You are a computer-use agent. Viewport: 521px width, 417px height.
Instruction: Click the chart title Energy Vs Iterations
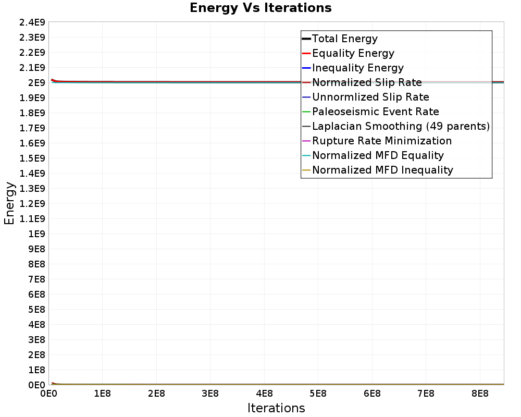coord(260,8)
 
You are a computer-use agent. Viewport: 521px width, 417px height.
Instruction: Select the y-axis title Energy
coord(9,203)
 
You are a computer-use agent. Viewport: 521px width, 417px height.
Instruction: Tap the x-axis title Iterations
coord(276,408)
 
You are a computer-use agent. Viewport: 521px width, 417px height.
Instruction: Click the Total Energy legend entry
coord(344,39)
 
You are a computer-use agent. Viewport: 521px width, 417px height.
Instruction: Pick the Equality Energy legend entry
coord(353,53)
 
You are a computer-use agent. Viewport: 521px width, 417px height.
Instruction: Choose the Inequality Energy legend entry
coord(357,68)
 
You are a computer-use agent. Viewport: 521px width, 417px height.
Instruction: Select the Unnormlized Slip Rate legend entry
coord(370,97)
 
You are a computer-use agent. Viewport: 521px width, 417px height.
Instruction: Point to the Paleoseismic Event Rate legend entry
coord(375,112)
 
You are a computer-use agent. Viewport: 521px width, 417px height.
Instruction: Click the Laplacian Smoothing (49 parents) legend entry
coord(401,126)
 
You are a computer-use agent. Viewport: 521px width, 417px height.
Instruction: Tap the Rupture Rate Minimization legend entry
coord(382,141)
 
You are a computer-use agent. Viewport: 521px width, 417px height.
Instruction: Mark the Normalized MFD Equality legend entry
coord(378,155)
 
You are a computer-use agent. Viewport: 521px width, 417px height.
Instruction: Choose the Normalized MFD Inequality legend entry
coord(382,170)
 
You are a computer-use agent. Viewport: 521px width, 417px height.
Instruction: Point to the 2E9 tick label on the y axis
coord(36,82)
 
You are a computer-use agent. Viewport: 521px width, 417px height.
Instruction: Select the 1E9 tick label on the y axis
coord(36,234)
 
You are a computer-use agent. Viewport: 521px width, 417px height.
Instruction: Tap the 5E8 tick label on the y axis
coord(36,309)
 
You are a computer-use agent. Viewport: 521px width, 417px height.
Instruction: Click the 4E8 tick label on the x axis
coord(264,393)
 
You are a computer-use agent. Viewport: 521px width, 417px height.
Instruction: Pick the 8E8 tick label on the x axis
coord(479,393)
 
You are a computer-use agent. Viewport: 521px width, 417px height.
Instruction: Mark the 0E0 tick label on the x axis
coord(48,393)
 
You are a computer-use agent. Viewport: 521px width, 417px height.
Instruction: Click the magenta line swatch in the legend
coord(306,141)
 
